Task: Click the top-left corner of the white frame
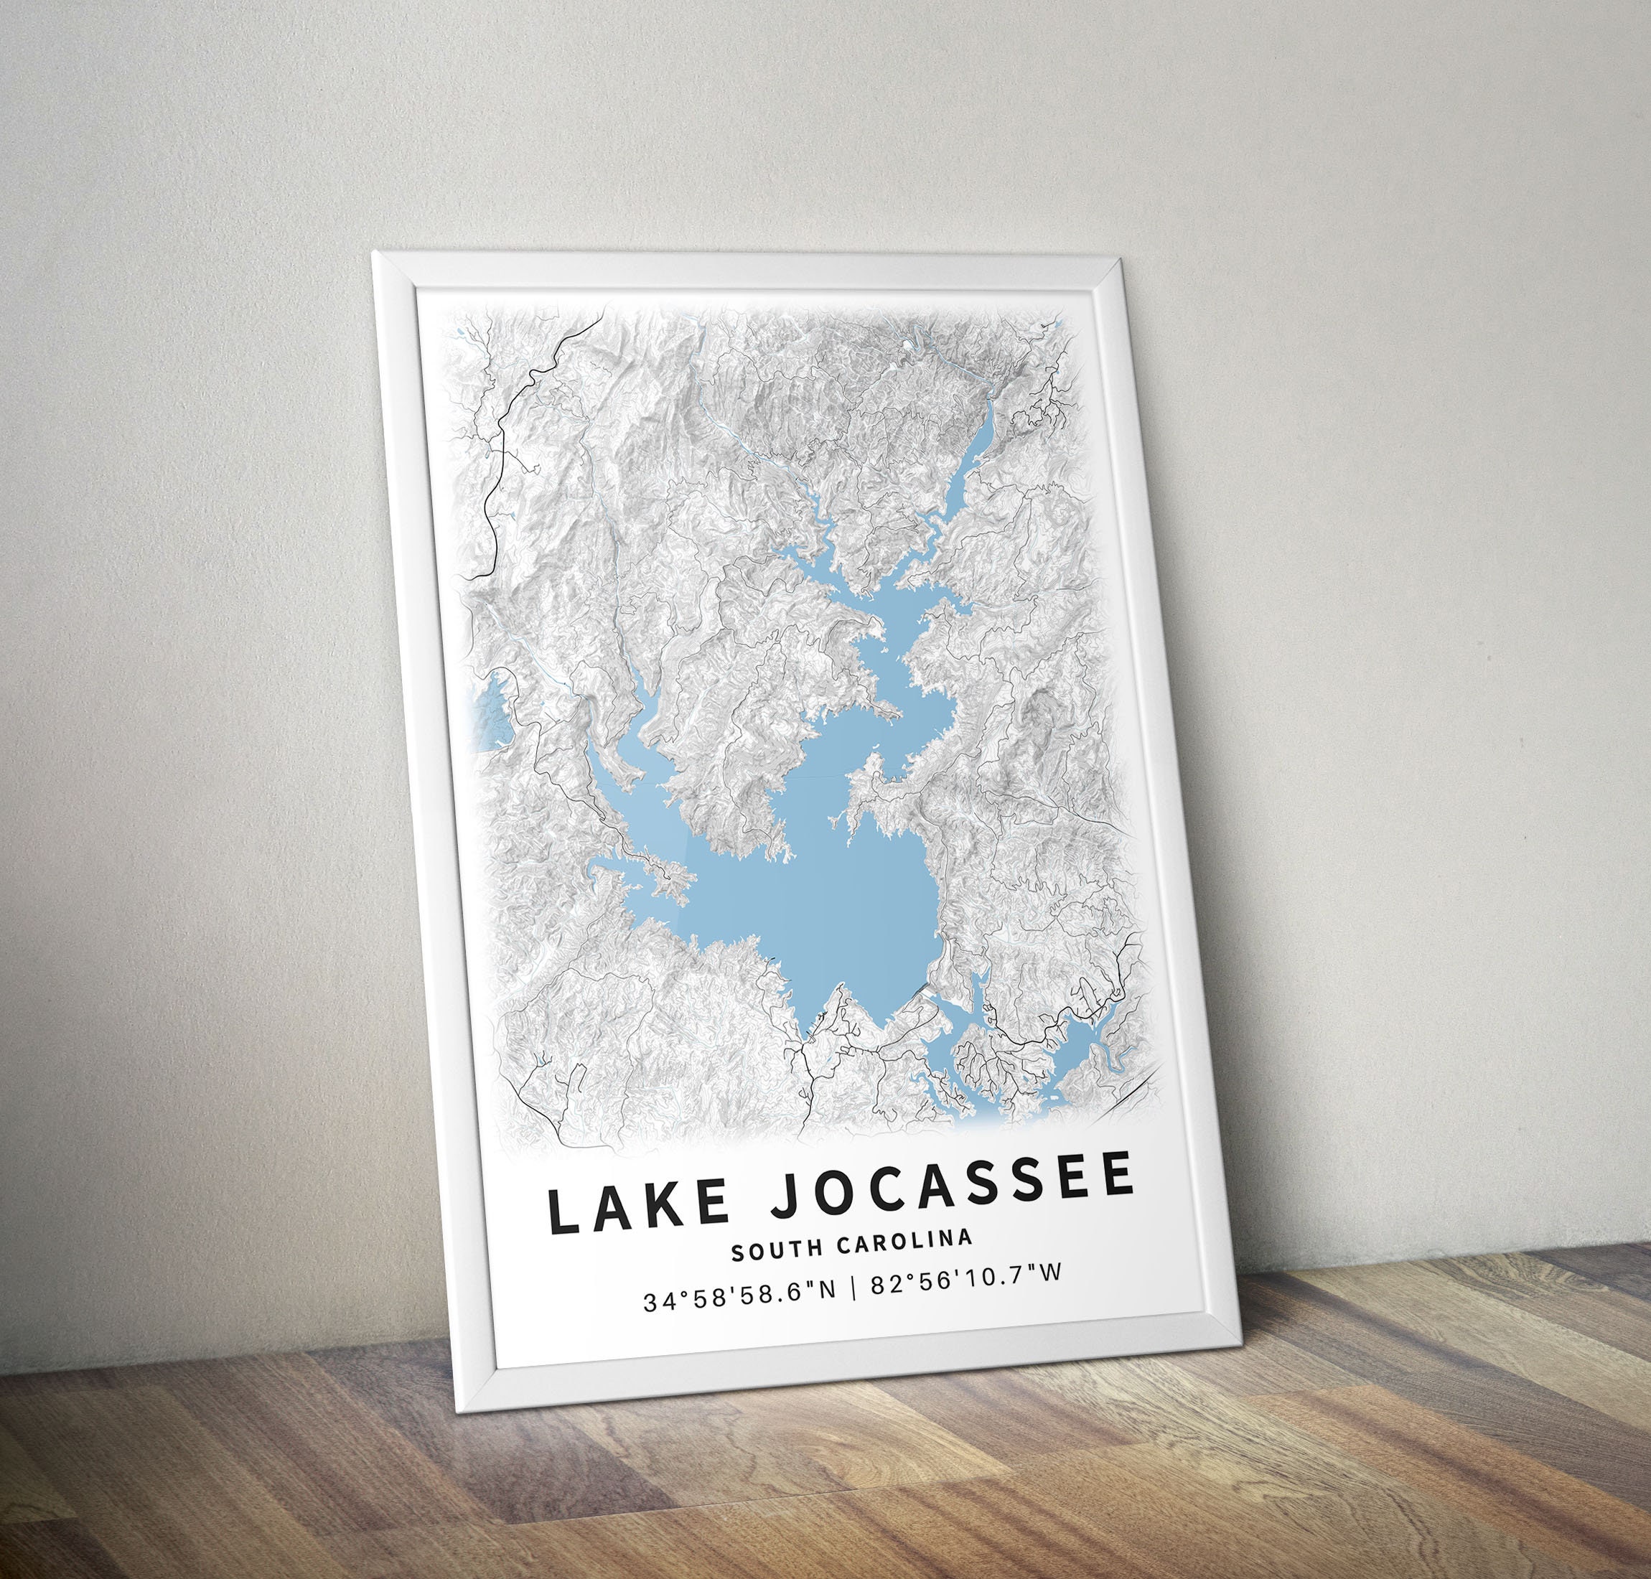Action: (375, 253)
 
